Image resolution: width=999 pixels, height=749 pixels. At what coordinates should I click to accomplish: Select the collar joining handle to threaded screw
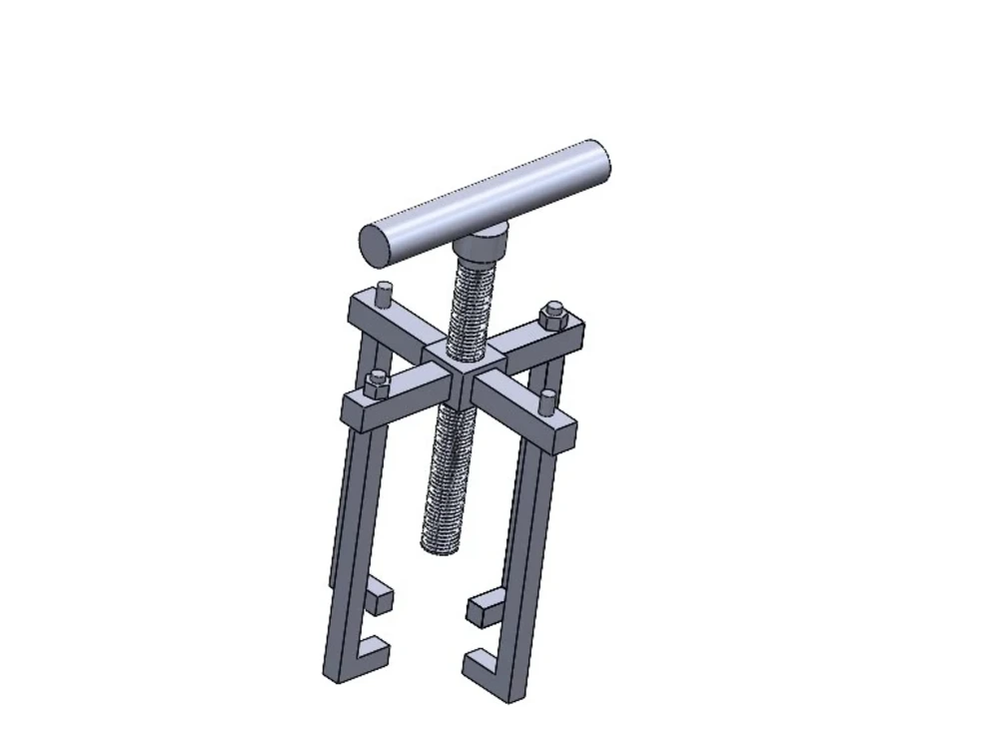pyautogui.click(x=481, y=241)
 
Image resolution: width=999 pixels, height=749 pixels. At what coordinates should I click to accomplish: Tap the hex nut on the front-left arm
pyautogui.click(x=376, y=381)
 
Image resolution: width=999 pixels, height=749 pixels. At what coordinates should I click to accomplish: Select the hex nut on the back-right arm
pyautogui.click(x=552, y=316)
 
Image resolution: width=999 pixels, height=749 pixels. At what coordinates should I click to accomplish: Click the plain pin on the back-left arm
pyautogui.click(x=384, y=297)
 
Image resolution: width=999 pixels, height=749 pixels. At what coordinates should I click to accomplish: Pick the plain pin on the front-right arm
pyautogui.click(x=545, y=402)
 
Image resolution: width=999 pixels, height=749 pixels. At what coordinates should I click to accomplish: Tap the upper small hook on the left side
pyautogui.click(x=379, y=599)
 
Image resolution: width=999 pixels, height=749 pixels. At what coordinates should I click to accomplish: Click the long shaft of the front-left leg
pyautogui.click(x=346, y=539)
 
